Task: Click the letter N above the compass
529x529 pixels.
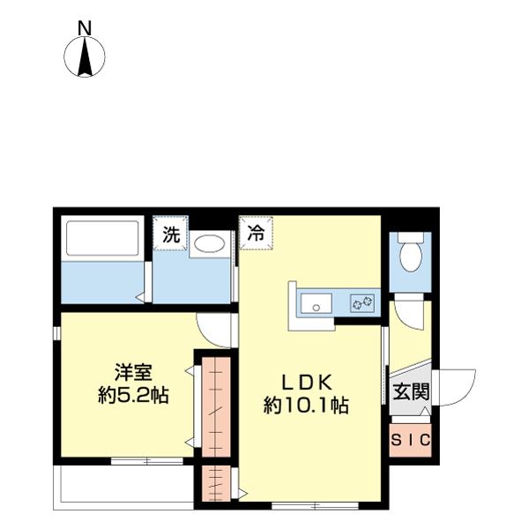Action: pos(85,28)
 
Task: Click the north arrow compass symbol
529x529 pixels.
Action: pos(85,57)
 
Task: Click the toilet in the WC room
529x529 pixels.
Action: pos(410,254)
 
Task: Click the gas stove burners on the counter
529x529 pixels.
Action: pos(362,303)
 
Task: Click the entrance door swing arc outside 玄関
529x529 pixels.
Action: pos(456,386)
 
